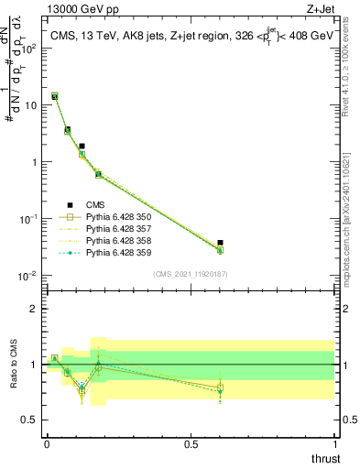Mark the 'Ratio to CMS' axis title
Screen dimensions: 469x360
[x=14, y=365]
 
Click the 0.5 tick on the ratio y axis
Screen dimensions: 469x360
[x=34, y=421]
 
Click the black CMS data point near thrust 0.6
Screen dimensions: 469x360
[x=220, y=243]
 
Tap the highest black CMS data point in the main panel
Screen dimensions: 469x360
[x=54, y=96]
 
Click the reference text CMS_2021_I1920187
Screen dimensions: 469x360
[x=191, y=274]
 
